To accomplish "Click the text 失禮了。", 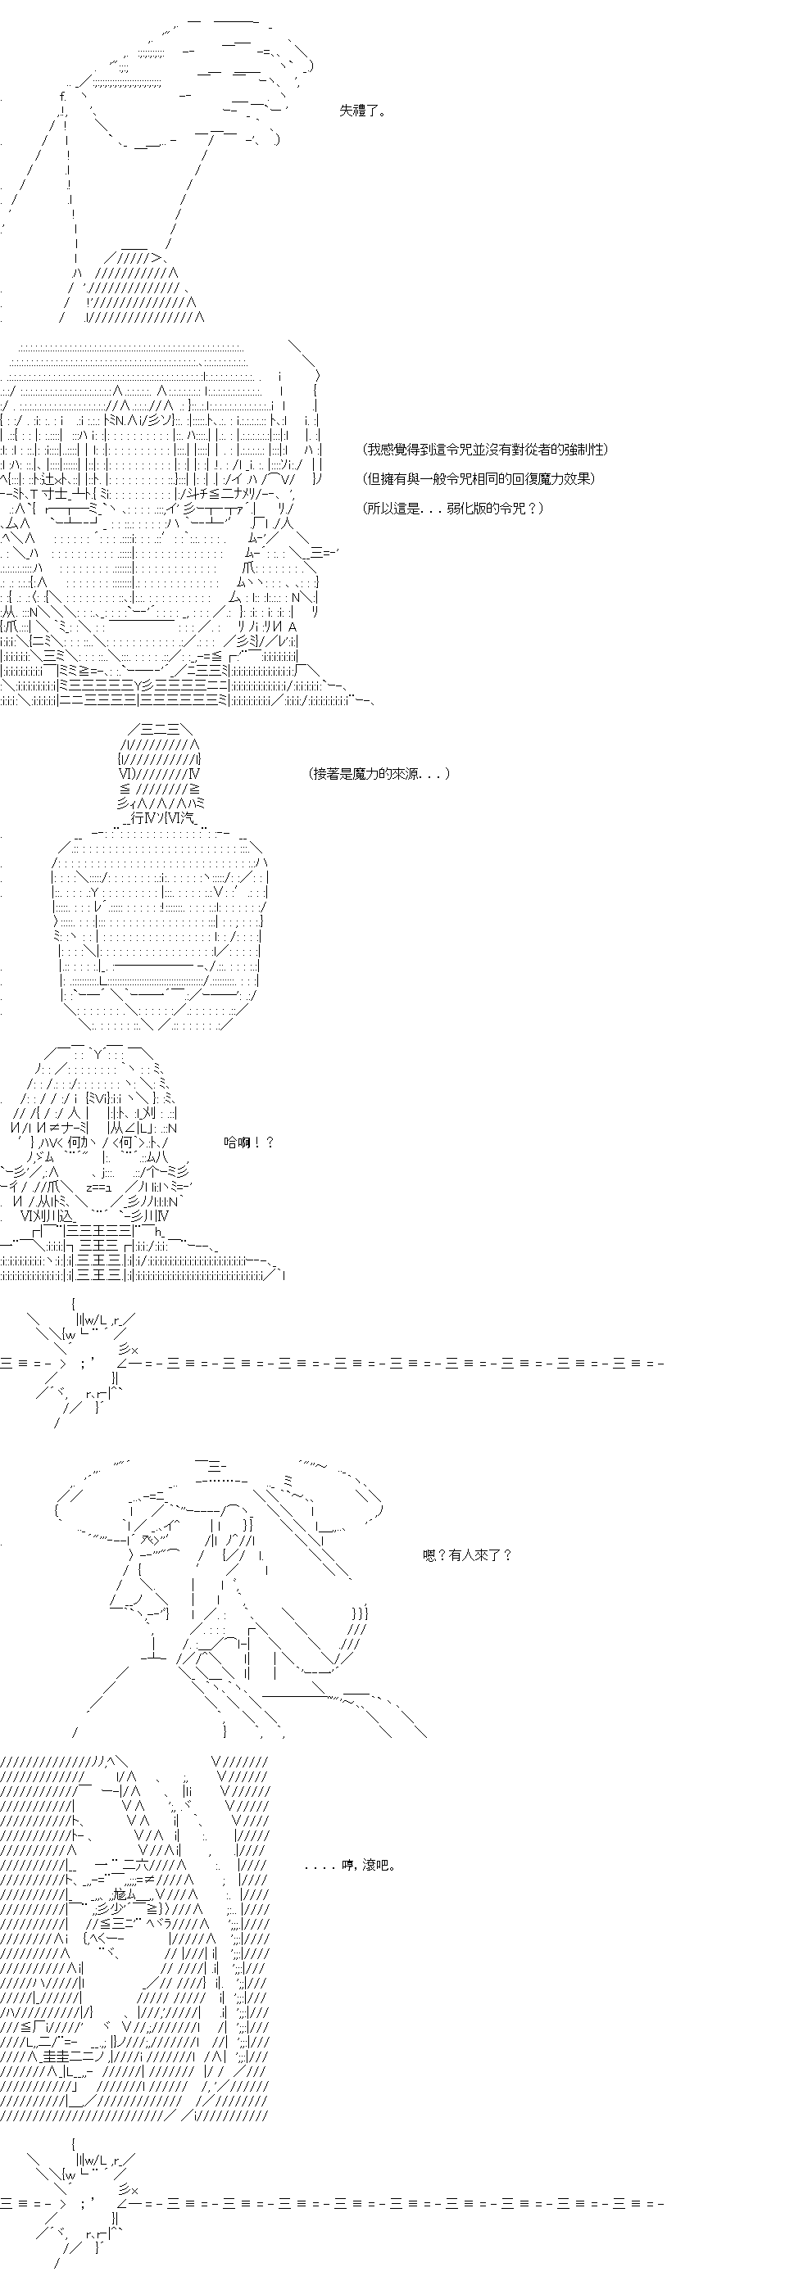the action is tap(362, 111).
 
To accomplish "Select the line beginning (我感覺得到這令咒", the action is tap(486, 450).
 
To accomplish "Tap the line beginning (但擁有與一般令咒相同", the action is tap(479, 479).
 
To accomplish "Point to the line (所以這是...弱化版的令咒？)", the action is tap(453, 509).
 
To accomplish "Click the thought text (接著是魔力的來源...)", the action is tap(379, 773).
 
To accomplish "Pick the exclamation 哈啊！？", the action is tap(249, 1142).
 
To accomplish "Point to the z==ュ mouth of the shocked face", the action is tap(98, 1188).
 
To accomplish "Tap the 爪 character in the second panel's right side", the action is tap(249, 568).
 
